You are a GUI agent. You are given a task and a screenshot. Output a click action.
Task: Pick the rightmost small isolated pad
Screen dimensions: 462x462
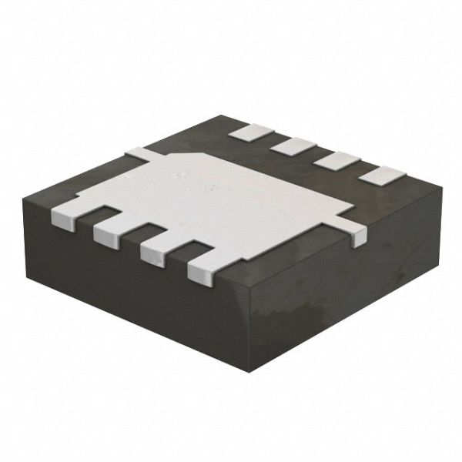[381, 176]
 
